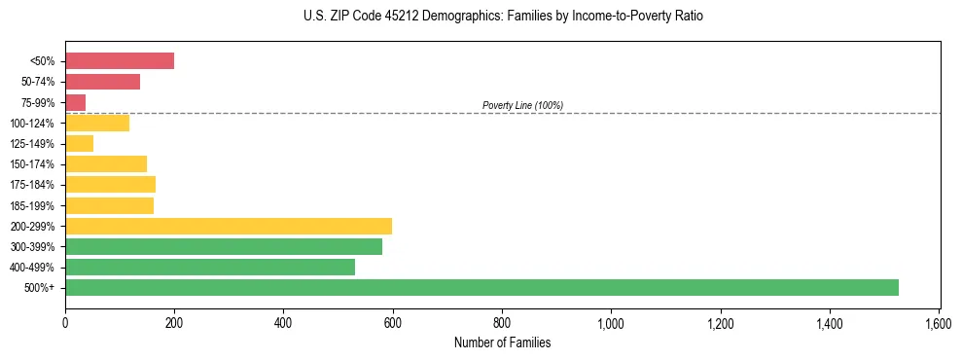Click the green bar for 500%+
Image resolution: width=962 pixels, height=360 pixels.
(x=481, y=287)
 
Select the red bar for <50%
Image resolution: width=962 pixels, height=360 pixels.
(x=120, y=60)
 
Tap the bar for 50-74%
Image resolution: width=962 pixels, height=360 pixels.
(x=102, y=82)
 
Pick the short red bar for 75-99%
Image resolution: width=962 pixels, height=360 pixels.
(x=75, y=102)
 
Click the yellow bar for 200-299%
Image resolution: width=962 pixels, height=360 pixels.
(x=229, y=226)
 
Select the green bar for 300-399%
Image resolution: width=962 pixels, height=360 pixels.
(x=224, y=246)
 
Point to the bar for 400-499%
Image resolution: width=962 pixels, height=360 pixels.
(x=210, y=267)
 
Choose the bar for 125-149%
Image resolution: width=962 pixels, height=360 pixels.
(x=79, y=144)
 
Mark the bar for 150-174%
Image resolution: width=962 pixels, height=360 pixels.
(x=106, y=163)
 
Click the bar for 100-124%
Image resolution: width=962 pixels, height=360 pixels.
(x=97, y=123)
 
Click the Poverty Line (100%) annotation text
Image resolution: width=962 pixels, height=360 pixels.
(x=522, y=105)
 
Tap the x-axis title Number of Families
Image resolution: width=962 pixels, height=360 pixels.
(x=502, y=342)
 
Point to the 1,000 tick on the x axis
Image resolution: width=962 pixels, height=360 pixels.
(x=611, y=322)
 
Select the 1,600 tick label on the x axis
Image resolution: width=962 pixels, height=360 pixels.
(x=939, y=322)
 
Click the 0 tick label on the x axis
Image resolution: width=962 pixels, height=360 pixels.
(x=65, y=322)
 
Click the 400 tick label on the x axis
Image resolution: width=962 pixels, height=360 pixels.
(x=283, y=322)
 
